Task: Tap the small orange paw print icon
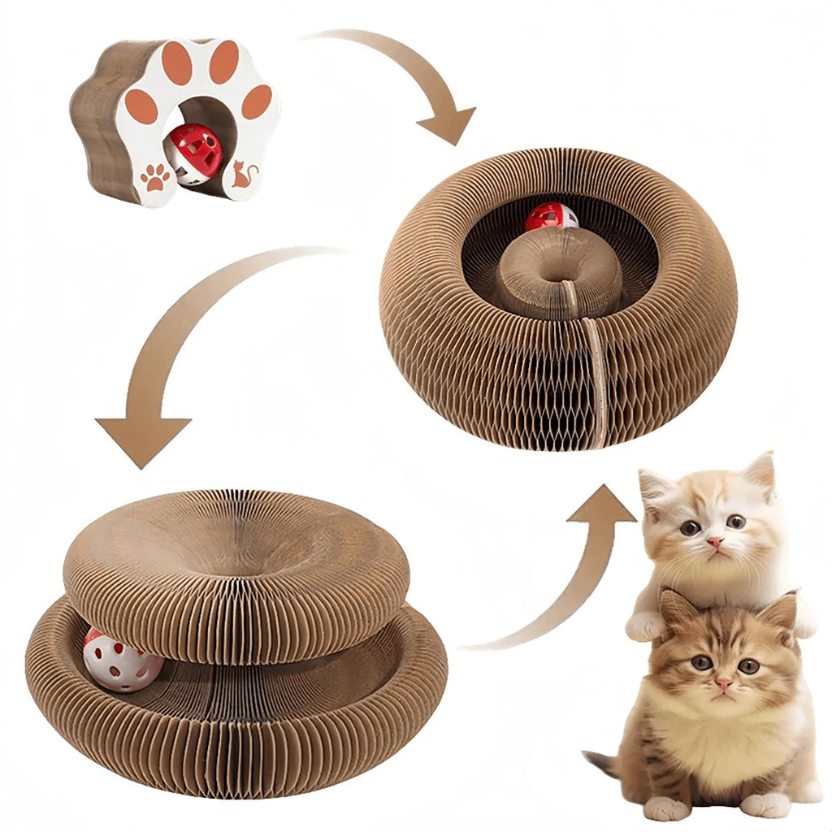coord(154,176)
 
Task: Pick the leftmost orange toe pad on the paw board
coord(141,106)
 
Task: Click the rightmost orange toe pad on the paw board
coord(257,102)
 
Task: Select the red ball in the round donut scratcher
coord(550,216)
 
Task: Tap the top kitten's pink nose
coord(714,542)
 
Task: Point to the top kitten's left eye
coord(690,527)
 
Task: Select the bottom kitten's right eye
coord(748,665)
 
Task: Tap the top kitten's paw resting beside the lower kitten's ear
coord(646,626)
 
